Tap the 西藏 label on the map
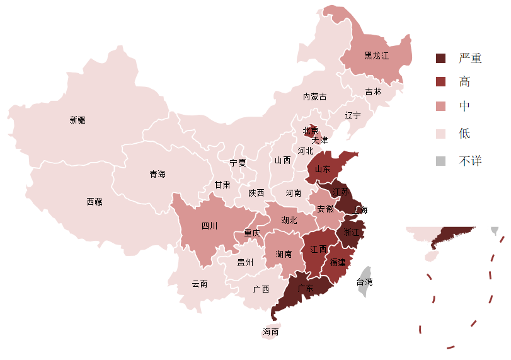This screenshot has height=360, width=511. point(95,202)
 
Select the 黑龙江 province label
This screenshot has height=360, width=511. point(377,55)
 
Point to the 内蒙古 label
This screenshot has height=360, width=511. point(315,96)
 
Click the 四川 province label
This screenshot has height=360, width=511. point(209,226)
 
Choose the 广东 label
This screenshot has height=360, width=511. point(306,289)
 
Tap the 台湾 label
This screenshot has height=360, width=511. point(364,282)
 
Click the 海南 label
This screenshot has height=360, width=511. point(271,332)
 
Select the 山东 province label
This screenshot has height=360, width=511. point(323,169)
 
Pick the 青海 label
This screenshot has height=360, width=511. point(158,174)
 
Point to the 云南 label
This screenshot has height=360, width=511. point(200,284)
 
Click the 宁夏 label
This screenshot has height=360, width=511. point(238,163)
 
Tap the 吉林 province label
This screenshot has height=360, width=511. point(374,91)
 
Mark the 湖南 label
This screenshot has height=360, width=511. point(284,254)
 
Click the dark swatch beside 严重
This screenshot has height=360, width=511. point(441,58)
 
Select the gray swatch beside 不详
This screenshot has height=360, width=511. point(441,161)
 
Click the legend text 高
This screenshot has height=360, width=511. point(464,81)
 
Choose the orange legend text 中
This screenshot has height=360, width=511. point(464,107)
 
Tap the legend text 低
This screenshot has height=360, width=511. point(464,134)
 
